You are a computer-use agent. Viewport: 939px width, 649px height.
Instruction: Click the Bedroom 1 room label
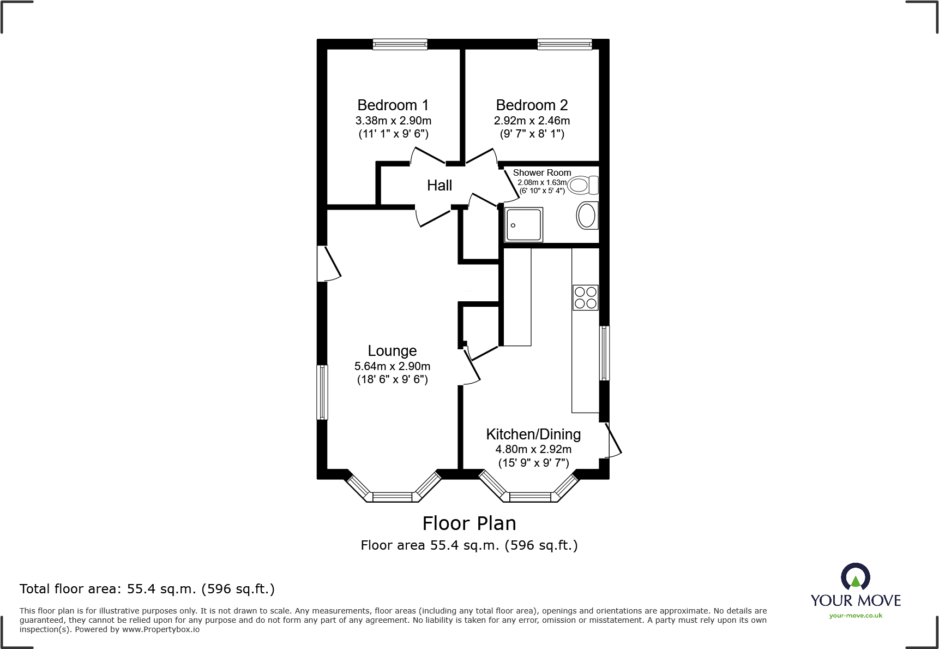[x=393, y=105]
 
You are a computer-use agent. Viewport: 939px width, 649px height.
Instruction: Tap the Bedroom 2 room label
[x=532, y=105]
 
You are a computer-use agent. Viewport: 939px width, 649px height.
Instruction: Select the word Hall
[x=440, y=186]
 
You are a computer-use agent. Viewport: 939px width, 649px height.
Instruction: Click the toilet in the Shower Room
[x=583, y=185]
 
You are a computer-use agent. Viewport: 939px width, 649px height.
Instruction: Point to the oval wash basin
[x=587, y=216]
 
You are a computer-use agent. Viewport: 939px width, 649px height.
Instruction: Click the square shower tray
[x=524, y=224]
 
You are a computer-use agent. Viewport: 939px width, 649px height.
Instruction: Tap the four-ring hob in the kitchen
[x=585, y=297]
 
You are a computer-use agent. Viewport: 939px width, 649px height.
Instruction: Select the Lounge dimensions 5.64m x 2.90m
[x=392, y=366]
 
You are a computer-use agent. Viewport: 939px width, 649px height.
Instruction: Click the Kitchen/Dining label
[x=533, y=434]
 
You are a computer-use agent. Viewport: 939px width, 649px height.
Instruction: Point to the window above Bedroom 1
[x=400, y=44]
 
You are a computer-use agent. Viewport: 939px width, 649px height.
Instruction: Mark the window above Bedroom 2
[x=564, y=44]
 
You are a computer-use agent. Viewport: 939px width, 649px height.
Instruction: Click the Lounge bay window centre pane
[x=392, y=497]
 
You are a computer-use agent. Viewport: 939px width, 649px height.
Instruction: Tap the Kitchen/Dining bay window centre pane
[x=529, y=497]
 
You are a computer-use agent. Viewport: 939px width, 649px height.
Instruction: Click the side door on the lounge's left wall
[x=328, y=264]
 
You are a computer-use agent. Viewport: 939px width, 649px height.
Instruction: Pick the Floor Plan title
[x=469, y=523]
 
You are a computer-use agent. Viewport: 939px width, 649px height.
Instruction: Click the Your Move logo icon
[x=855, y=576]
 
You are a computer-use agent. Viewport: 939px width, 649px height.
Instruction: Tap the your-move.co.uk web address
[x=856, y=616]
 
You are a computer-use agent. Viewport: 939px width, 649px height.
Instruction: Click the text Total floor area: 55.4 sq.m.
[x=147, y=589]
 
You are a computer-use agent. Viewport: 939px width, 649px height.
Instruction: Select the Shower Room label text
[x=541, y=172]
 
